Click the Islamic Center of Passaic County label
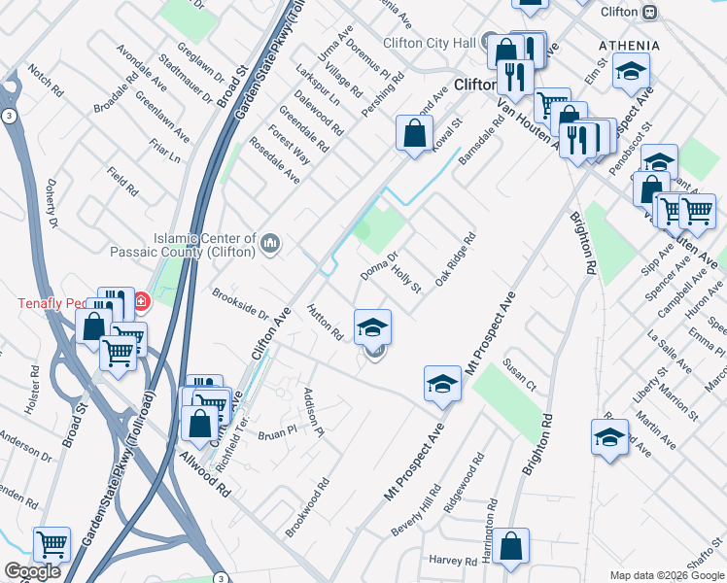[203, 245]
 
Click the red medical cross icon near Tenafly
[142, 301]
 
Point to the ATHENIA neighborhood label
[629, 46]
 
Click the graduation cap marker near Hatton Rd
[372, 327]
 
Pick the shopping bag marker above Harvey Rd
[510, 547]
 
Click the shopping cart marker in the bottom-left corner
[52, 543]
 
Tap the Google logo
[32, 571]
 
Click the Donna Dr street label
[379, 266]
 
